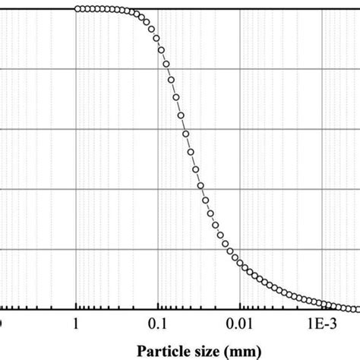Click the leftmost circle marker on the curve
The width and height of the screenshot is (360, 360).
point(77,9)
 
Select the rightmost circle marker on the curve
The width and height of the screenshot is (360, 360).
point(355,308)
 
